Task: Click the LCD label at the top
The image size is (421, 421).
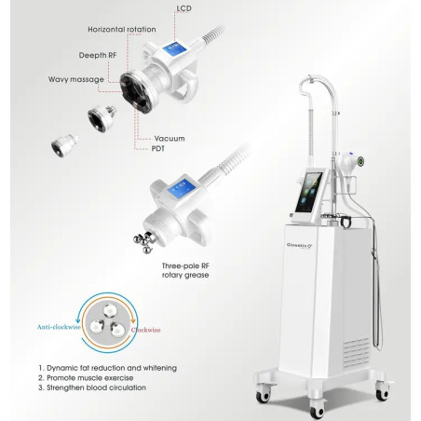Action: click(x=183, y=8)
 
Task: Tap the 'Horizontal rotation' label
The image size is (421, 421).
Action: click(x=122, y=30)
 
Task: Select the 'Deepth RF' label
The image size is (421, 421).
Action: click(x=98, y=55)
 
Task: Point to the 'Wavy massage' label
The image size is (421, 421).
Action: click(x=76, y=79)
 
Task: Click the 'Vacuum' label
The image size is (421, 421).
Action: click(x=170, y=139)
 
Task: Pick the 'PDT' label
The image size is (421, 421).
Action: click(x=158, y=149)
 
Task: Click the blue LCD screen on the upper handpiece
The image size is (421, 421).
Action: click(x=174, y=48)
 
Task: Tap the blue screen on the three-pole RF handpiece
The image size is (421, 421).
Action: click(x=181, y=188)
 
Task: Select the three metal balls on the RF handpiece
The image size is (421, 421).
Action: click(x=143, y=241)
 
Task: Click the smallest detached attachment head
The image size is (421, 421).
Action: click(x=63, y=145)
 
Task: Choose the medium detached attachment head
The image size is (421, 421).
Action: click(x=102, y=118)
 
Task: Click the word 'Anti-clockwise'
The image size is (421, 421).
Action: click(x=59, y=327)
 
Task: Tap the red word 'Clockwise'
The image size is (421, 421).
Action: click(x=146, y=330)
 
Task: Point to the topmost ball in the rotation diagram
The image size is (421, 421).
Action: click(x=109, y=310)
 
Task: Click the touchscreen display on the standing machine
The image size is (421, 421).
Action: click(x=308, y=192)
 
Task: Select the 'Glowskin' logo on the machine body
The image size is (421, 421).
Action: click(x=300, y=246)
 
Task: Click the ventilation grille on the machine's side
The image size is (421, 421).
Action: click(x=357, y=353)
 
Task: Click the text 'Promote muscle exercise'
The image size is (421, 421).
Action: click(x=90, y=378)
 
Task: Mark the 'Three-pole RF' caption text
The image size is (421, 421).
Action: click(x=185, y=265)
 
